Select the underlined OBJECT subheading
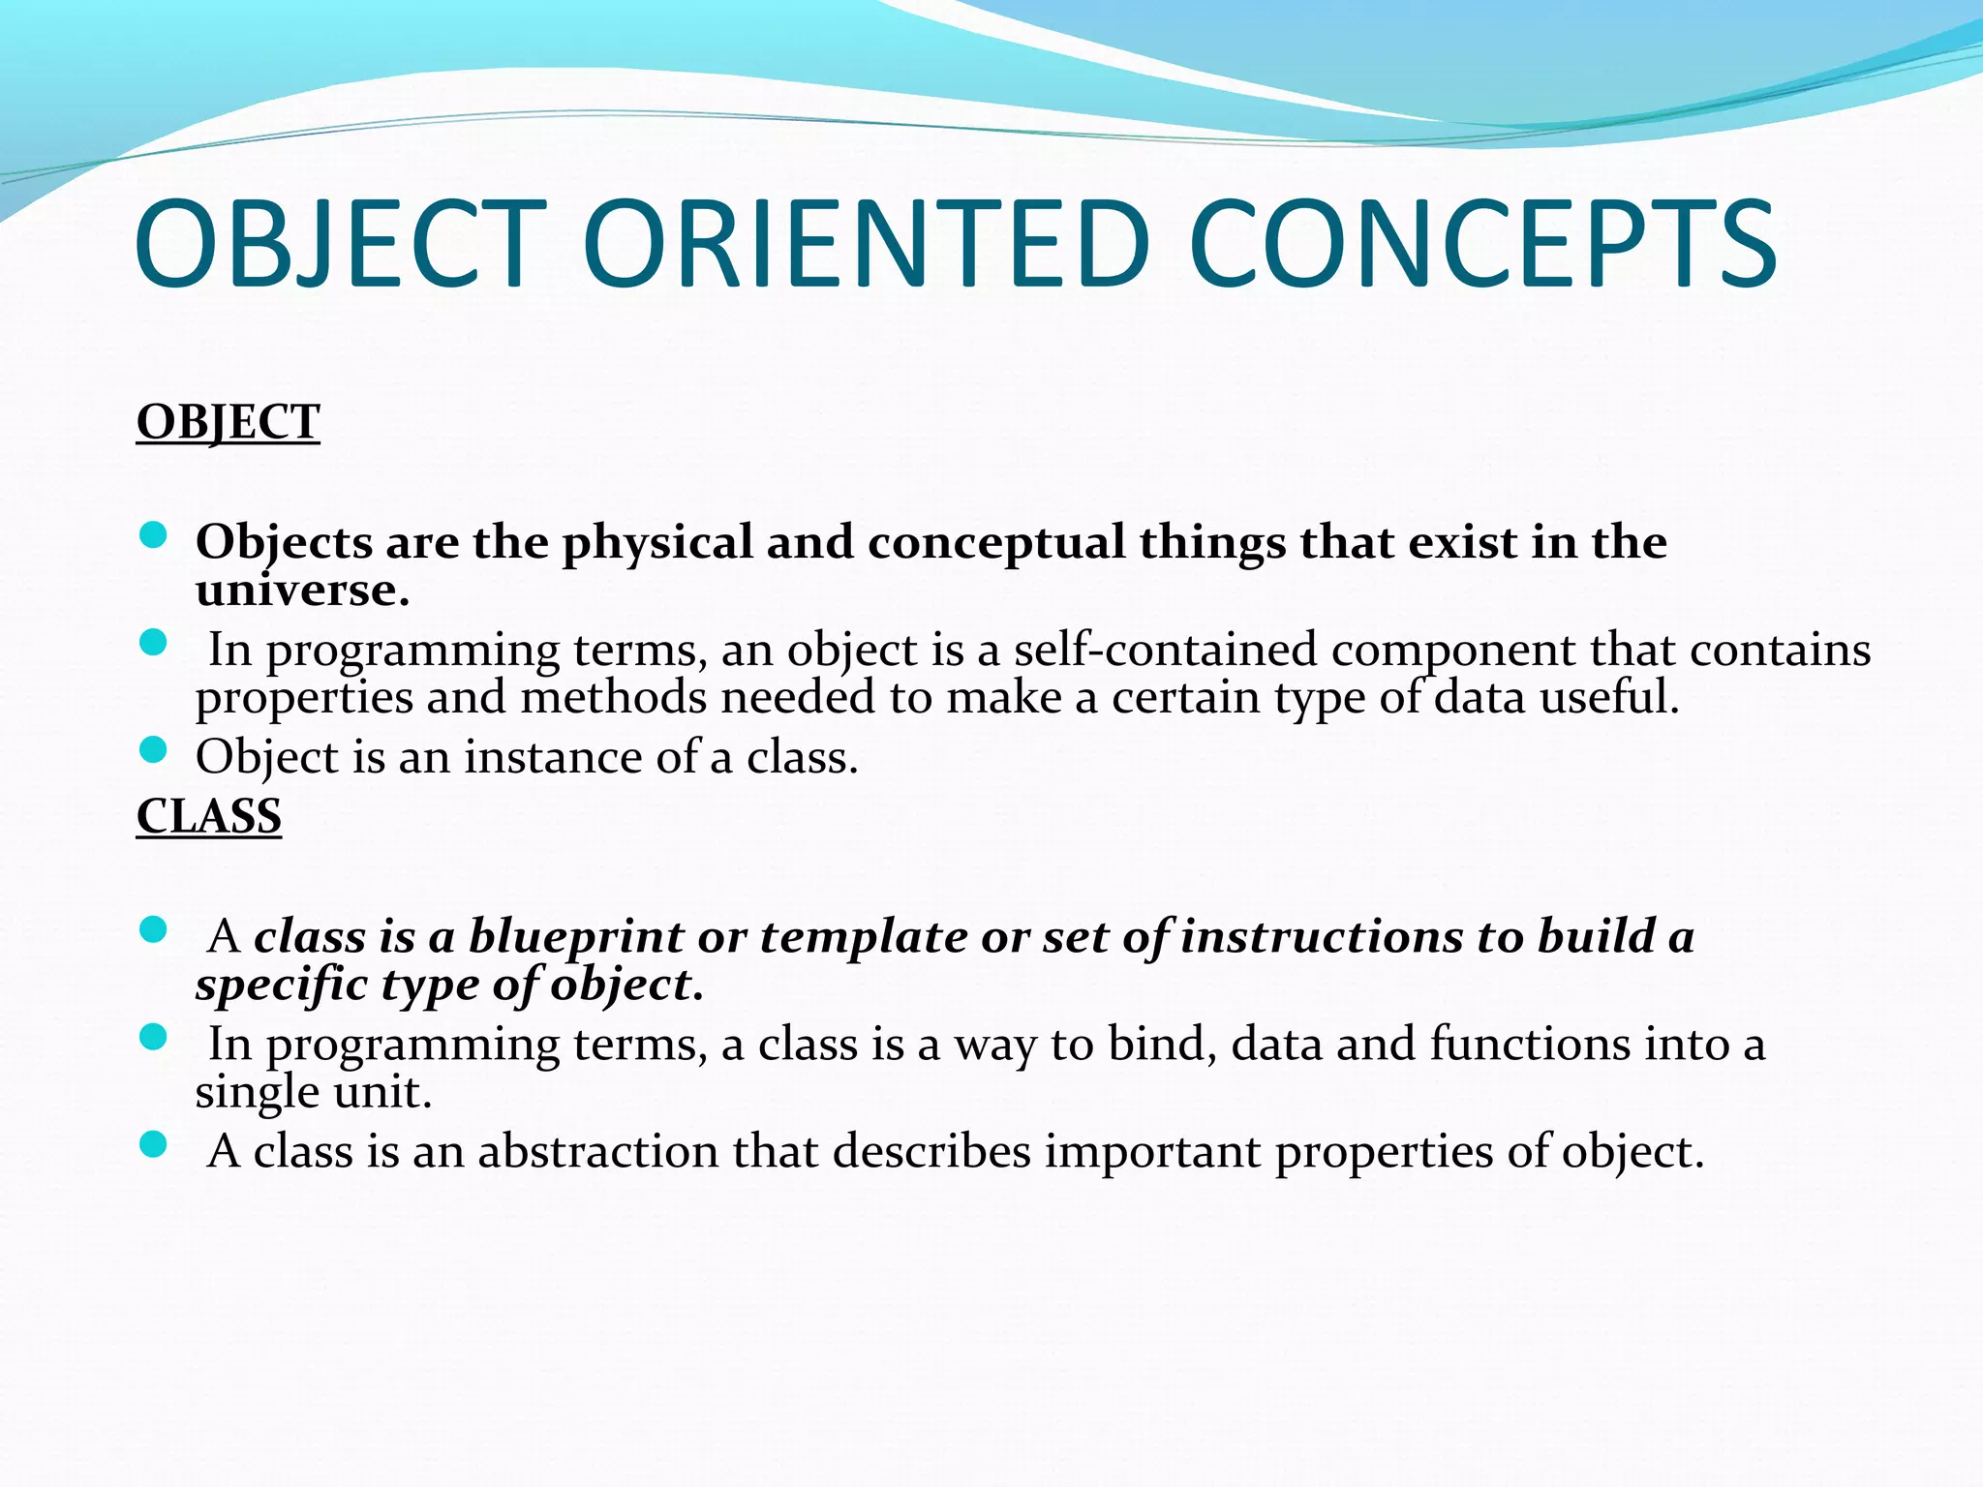pos(228,423)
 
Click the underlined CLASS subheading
pos(208,816)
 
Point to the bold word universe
pos(301,590)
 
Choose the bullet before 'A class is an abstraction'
pos(153,1145)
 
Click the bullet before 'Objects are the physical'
pos(153,535)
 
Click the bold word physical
pos(657,542)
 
